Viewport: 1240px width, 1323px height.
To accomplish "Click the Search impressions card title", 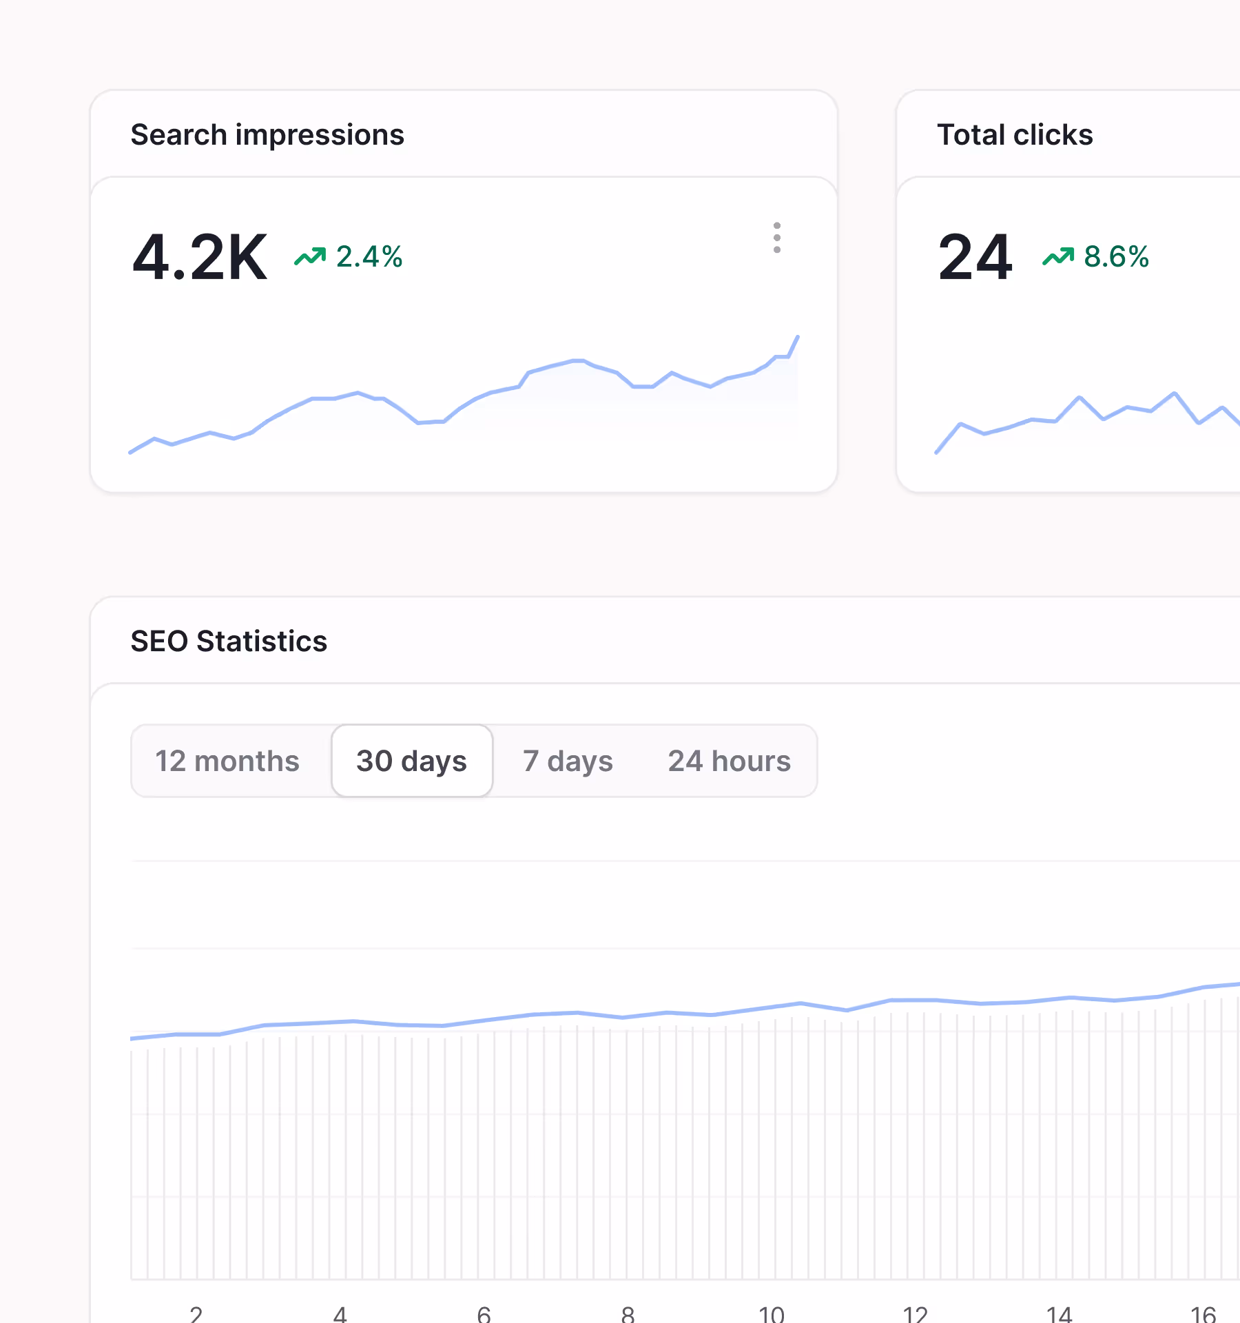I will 267,135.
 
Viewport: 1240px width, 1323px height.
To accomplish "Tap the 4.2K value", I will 199,258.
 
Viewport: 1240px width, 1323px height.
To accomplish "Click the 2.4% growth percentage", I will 369,257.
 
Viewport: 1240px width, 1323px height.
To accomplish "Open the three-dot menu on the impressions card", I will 776,238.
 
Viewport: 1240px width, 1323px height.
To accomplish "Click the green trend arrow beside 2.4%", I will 310,257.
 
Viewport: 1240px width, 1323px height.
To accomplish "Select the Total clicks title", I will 1015,135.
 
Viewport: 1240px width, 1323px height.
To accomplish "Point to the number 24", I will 975,258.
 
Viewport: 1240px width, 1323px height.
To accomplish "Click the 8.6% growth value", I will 1116,257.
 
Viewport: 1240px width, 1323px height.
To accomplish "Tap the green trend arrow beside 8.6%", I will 1058,257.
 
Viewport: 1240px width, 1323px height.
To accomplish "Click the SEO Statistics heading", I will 229,642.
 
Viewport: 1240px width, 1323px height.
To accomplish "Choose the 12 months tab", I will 227,761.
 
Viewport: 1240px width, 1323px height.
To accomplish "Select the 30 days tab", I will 411,761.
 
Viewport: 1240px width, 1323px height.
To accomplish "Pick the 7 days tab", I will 568,761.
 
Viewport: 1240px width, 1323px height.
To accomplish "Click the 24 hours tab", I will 729,761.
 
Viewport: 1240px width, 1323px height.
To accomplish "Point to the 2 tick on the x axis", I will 196,1314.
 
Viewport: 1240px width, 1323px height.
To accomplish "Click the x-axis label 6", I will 484,1314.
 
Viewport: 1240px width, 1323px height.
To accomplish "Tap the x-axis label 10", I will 772,1314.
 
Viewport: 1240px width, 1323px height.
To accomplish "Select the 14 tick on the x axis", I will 1060,1314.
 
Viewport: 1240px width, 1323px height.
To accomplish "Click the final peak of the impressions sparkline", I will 797,337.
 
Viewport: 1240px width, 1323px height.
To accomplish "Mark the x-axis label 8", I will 628,1314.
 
